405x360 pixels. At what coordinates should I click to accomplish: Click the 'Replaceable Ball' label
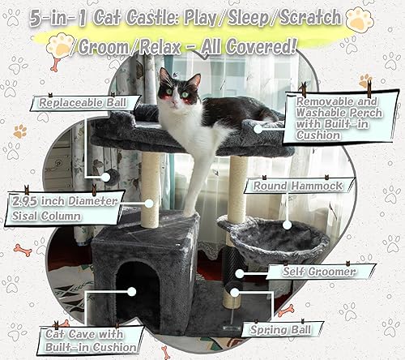pyautogui.click(x=71, y=103)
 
